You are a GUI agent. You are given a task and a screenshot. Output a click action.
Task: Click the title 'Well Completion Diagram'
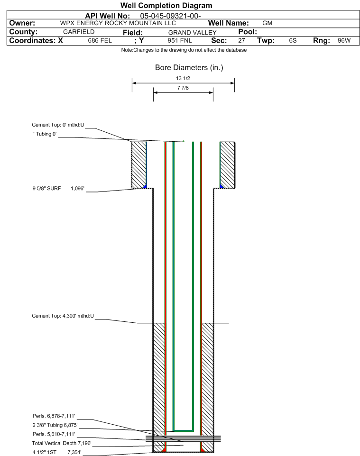[x=166, y=6]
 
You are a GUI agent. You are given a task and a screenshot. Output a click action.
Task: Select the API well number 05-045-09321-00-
[x=170, y=16]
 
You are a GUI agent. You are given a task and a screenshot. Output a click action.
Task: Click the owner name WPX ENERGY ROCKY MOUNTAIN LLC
[x=118, y=23]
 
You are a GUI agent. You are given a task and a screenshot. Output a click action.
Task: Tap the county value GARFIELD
[x=79, y=32]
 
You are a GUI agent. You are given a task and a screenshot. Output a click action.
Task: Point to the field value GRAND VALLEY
[x=193, y=33]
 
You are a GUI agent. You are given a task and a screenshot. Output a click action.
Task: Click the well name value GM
[x=267, y=23]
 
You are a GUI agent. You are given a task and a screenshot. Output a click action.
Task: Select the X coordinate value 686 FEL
[x=100, y=41]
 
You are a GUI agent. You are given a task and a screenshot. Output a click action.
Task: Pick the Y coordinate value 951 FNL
[x=180, y=41]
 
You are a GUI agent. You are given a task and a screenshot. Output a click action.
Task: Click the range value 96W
[x=344, y=41]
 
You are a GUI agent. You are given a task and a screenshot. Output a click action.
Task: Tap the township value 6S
[x=293, y=41]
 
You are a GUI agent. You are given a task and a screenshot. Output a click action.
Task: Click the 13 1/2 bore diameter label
[x=183, y=78]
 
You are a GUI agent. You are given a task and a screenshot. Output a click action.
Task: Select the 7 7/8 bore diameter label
[x=183, y=88]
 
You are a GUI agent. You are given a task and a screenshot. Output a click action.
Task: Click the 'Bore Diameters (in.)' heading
[x=189, y=68]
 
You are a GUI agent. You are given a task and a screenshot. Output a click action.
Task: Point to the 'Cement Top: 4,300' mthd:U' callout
[x=63, y=316]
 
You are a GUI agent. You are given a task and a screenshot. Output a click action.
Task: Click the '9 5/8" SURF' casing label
[x=46, y=189]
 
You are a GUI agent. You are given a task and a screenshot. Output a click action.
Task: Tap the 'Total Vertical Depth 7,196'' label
[x=62, y=443]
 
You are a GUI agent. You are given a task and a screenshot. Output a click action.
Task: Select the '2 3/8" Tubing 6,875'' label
[x=55, y=425]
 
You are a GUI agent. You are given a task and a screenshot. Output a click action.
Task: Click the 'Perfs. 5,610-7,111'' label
[x=54, y=434]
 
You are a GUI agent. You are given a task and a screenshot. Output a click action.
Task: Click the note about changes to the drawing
[x=184, y=50]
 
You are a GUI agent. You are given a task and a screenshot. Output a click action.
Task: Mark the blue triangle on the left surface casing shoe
[x=145, y=186]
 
